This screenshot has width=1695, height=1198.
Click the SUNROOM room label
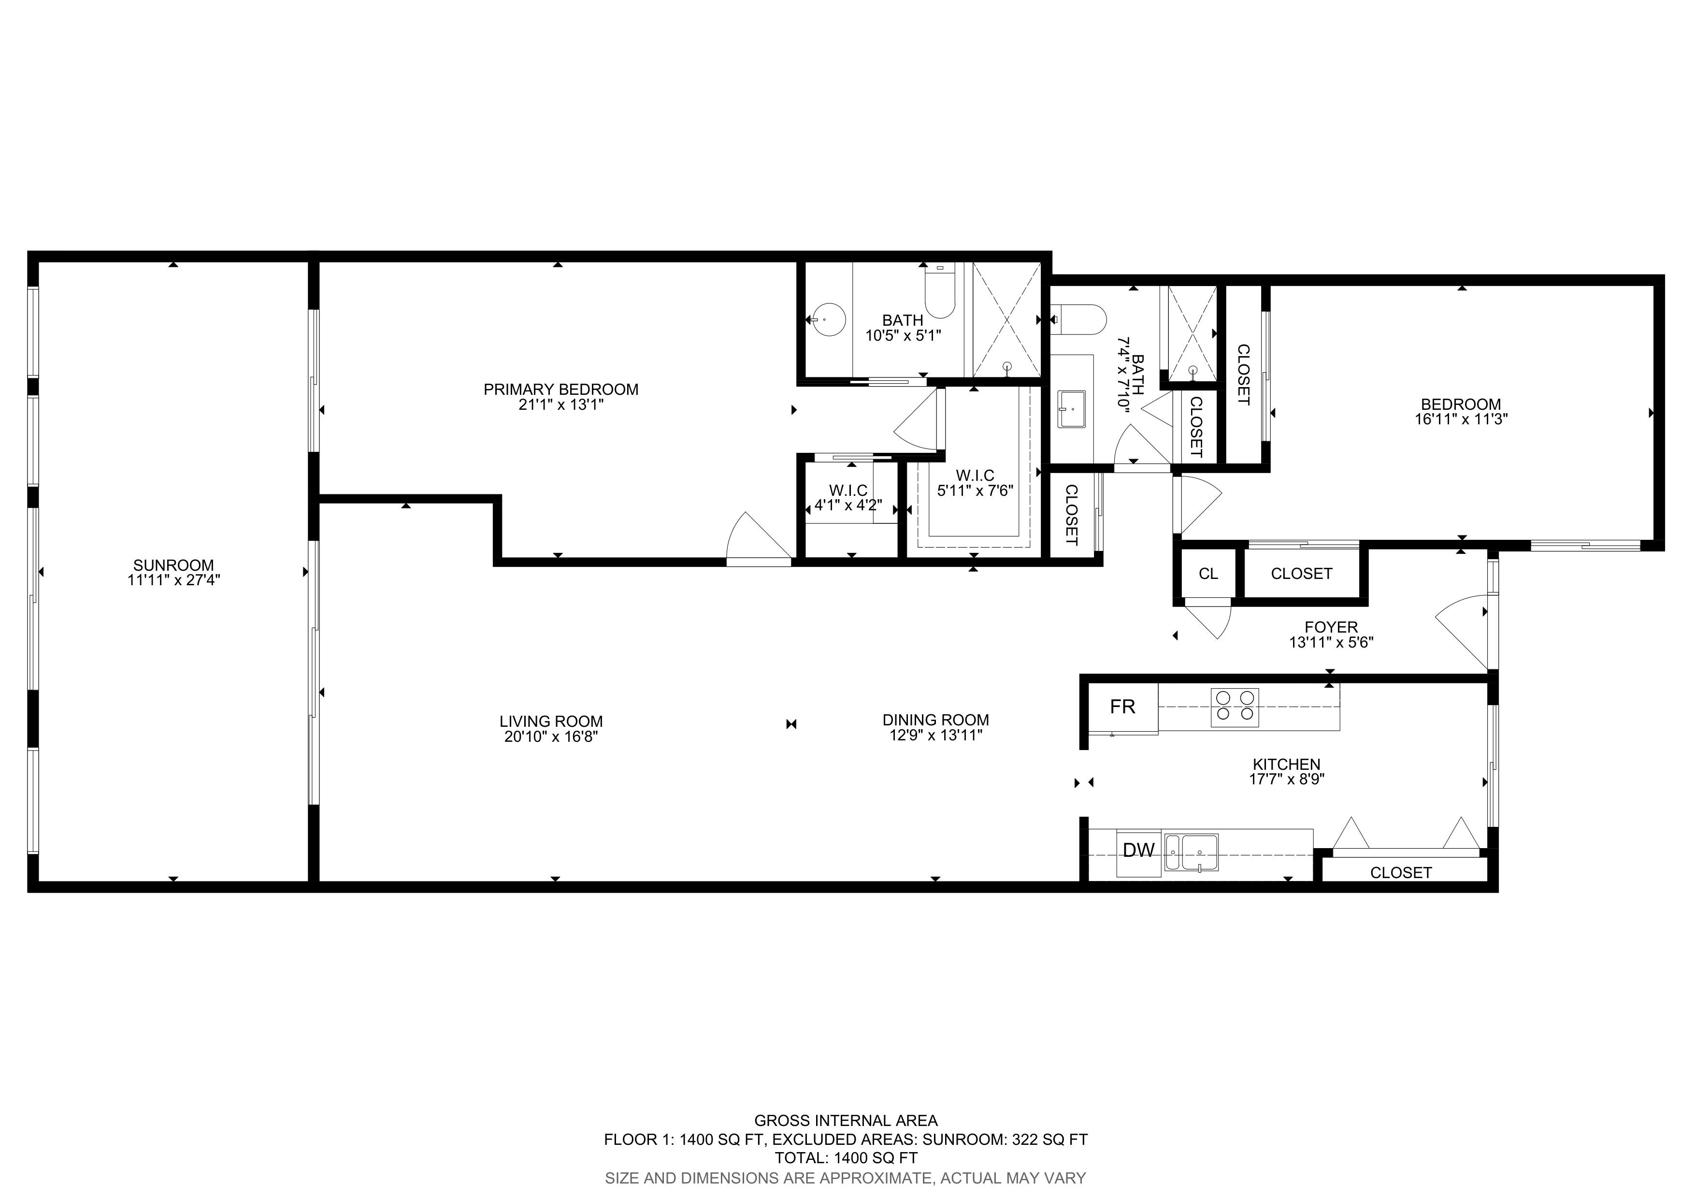pos(173,565)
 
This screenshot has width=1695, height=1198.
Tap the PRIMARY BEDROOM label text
pos(561,389)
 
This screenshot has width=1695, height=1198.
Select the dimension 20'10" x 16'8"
pos(551,736)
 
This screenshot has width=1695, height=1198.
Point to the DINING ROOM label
pos(935,720)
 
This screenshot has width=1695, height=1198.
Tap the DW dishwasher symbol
pos(1138,851)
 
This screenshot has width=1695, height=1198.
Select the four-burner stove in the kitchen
pos(1235,706)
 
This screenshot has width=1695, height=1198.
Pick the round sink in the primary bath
pos(828,319)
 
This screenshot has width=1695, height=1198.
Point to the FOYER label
pos(1331,627)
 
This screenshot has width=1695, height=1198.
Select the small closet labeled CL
pos(1208,574)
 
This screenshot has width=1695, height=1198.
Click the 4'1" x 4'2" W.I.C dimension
pos(848,505)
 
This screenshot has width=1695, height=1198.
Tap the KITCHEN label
pos(1287,765)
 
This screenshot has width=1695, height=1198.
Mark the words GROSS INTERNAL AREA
pos(846,1121)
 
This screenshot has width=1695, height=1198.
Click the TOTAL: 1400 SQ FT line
pos(846,1158)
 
